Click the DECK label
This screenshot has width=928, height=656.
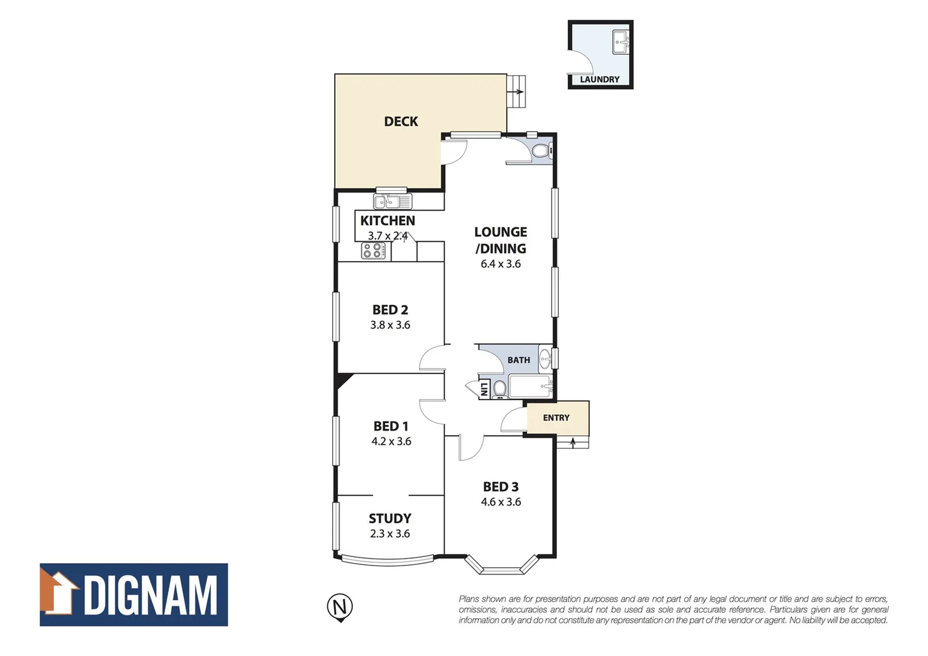tap(401, 121)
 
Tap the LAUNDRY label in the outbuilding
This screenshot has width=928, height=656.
tap(599, 80)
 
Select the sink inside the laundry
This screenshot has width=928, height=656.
tap(621, 42)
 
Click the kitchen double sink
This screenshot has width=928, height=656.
tap(392, 202)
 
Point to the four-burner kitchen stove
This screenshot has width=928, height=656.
tap(373, 250)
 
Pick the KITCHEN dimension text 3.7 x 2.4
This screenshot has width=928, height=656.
tap(387, 236)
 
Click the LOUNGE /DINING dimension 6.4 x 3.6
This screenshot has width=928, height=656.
tap(500, 264)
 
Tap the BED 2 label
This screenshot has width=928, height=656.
tap(390, 310)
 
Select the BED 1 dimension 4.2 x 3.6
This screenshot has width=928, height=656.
tap(391, 442)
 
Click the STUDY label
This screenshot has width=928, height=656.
tap(390, 519)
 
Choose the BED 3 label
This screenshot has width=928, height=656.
tap(500, 487)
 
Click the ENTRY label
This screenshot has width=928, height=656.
tap(556, 418)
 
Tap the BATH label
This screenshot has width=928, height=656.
tap(519, 360)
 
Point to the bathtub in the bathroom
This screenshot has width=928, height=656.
tap(530, 386)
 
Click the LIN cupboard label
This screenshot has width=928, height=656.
tap(484, 389)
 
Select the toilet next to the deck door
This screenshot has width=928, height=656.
tap(539, 151)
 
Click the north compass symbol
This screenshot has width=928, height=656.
tap(339, 607)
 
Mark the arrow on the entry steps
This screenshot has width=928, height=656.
tap(573, 443)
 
